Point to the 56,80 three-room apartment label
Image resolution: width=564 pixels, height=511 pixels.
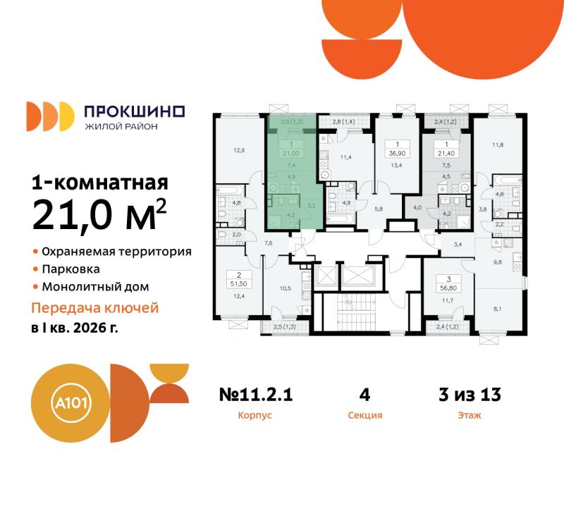pos(446,287)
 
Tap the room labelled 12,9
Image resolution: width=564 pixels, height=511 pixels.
pos(239,149)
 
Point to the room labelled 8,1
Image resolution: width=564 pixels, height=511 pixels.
pos(498,307)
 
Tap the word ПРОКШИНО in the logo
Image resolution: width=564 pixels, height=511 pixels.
pos(134,111)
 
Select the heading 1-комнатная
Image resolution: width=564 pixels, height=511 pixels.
pos(100,183)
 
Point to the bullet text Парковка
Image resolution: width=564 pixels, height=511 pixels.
pos(70,269)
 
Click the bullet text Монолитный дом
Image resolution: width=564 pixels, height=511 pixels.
pos(94,287)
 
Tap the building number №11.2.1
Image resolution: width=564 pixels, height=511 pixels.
pos(255,395)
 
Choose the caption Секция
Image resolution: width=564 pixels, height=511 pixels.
pos(365,416)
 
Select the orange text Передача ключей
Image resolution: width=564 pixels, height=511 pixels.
pos(96,308)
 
